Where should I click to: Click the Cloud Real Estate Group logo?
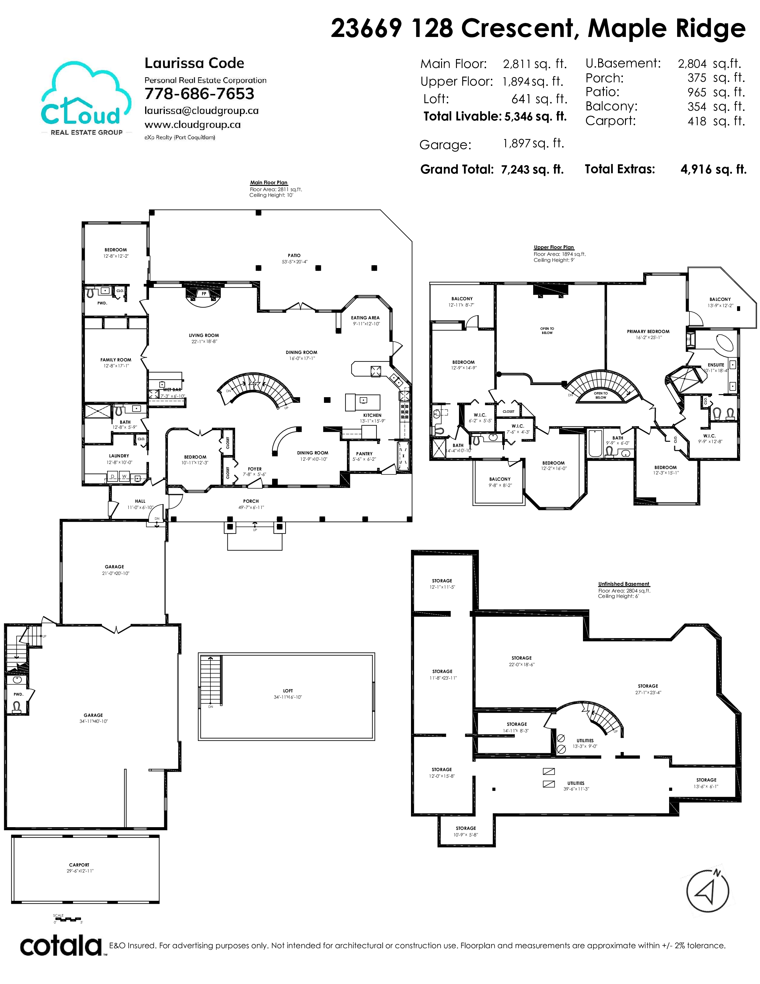click(86, 99)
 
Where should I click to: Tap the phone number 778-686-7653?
click(199, 94)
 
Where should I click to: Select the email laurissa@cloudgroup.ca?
click(201, 111)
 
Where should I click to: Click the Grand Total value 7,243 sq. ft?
click(532, 169)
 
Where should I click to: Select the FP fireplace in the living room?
click(204, 294)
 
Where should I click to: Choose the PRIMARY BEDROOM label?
click(648, 332)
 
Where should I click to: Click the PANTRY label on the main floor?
click(364, 454)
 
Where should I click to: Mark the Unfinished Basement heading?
click(623, 584)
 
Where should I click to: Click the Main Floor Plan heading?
click(269, 183)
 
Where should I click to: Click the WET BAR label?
click(172, 390)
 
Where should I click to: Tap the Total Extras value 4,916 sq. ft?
click(714, 169)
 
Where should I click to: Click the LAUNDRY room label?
click(119, 456)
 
